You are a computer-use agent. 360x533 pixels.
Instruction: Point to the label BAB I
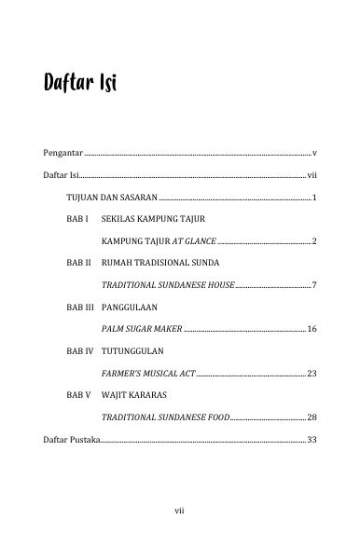[77, 221]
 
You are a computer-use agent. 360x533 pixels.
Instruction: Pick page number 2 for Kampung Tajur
[316, 241]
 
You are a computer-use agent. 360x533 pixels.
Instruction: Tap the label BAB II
[78, 264]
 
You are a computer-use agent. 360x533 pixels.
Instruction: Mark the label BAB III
[80, 307]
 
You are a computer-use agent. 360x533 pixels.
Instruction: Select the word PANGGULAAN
[131, 307]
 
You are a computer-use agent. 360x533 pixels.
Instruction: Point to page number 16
[312, 330]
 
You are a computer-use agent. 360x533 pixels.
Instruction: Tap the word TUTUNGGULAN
[132, 350]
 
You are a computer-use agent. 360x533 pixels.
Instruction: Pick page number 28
[312, 417]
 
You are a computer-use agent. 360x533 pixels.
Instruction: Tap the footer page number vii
[180, 510]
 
